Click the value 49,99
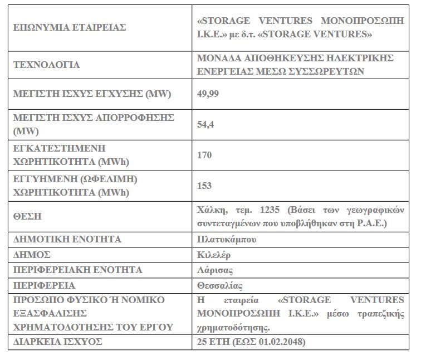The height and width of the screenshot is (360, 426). pos(208,93)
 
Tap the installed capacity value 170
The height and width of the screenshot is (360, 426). pos(204,155)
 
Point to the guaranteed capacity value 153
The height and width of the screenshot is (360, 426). pos(204,186)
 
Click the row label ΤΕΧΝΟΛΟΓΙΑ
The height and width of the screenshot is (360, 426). pos(46,65)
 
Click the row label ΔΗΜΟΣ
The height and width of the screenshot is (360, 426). pos(32,255)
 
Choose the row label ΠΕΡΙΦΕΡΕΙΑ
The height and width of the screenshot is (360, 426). pos(44,285)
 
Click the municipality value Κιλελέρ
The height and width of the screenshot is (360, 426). pos(214,255)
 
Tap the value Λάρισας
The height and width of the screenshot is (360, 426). pos(215,270)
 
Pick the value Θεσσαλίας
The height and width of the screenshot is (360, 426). pos(220,285)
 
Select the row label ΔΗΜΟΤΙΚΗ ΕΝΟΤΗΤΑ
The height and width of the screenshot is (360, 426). pos(67,240)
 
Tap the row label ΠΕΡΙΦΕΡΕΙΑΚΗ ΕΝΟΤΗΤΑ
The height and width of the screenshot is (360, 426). pos(77,270)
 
